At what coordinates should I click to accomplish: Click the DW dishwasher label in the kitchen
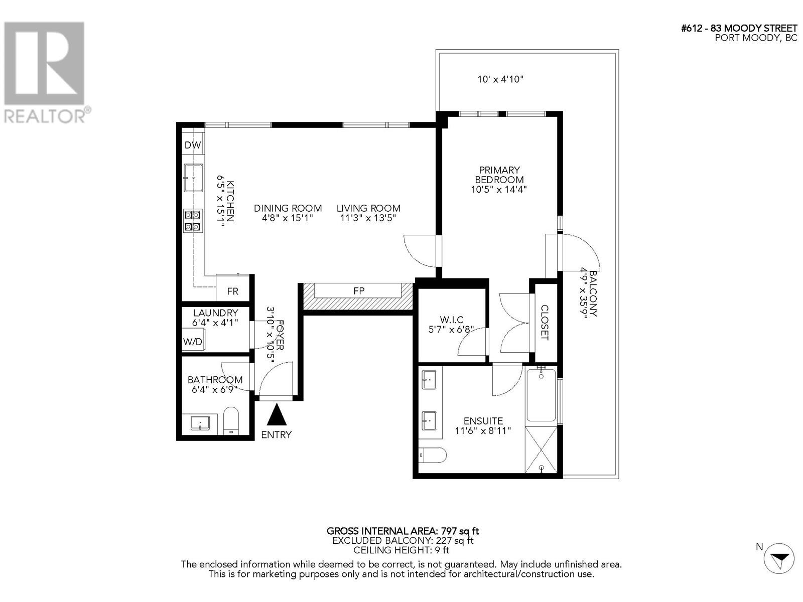click(193, 145)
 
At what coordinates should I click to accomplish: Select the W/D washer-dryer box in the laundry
click(193, 342)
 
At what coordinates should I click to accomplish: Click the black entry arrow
click(276, 415)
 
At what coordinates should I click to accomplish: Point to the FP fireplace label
click(359, 290)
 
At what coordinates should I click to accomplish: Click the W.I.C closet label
click(451, 320)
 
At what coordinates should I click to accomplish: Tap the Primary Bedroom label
click(499, 175)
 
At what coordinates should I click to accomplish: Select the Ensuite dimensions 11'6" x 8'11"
click(483, 430)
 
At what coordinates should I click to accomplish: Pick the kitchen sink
click(193, 178)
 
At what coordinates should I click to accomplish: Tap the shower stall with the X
click(541, 449)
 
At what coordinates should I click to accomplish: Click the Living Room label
click(368, 208)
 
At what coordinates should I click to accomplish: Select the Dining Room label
click(288, 208)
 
